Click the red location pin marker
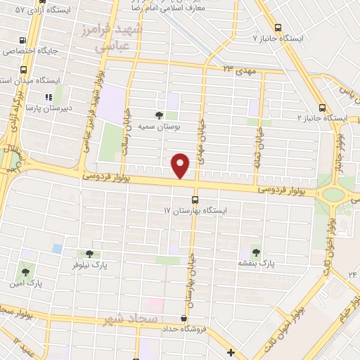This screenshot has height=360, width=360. pos(181,166)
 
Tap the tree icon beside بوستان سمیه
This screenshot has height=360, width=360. pos(160,115)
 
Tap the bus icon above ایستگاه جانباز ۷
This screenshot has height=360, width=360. pos(278,27)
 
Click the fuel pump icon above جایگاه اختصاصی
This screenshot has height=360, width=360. pos(25,40)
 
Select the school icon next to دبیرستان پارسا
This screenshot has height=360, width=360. pos(49,97)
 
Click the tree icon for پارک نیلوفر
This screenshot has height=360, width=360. pos(89,255)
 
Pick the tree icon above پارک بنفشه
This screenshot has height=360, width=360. pos(254,252)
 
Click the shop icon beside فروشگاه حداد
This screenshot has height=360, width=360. pos(184,319)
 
